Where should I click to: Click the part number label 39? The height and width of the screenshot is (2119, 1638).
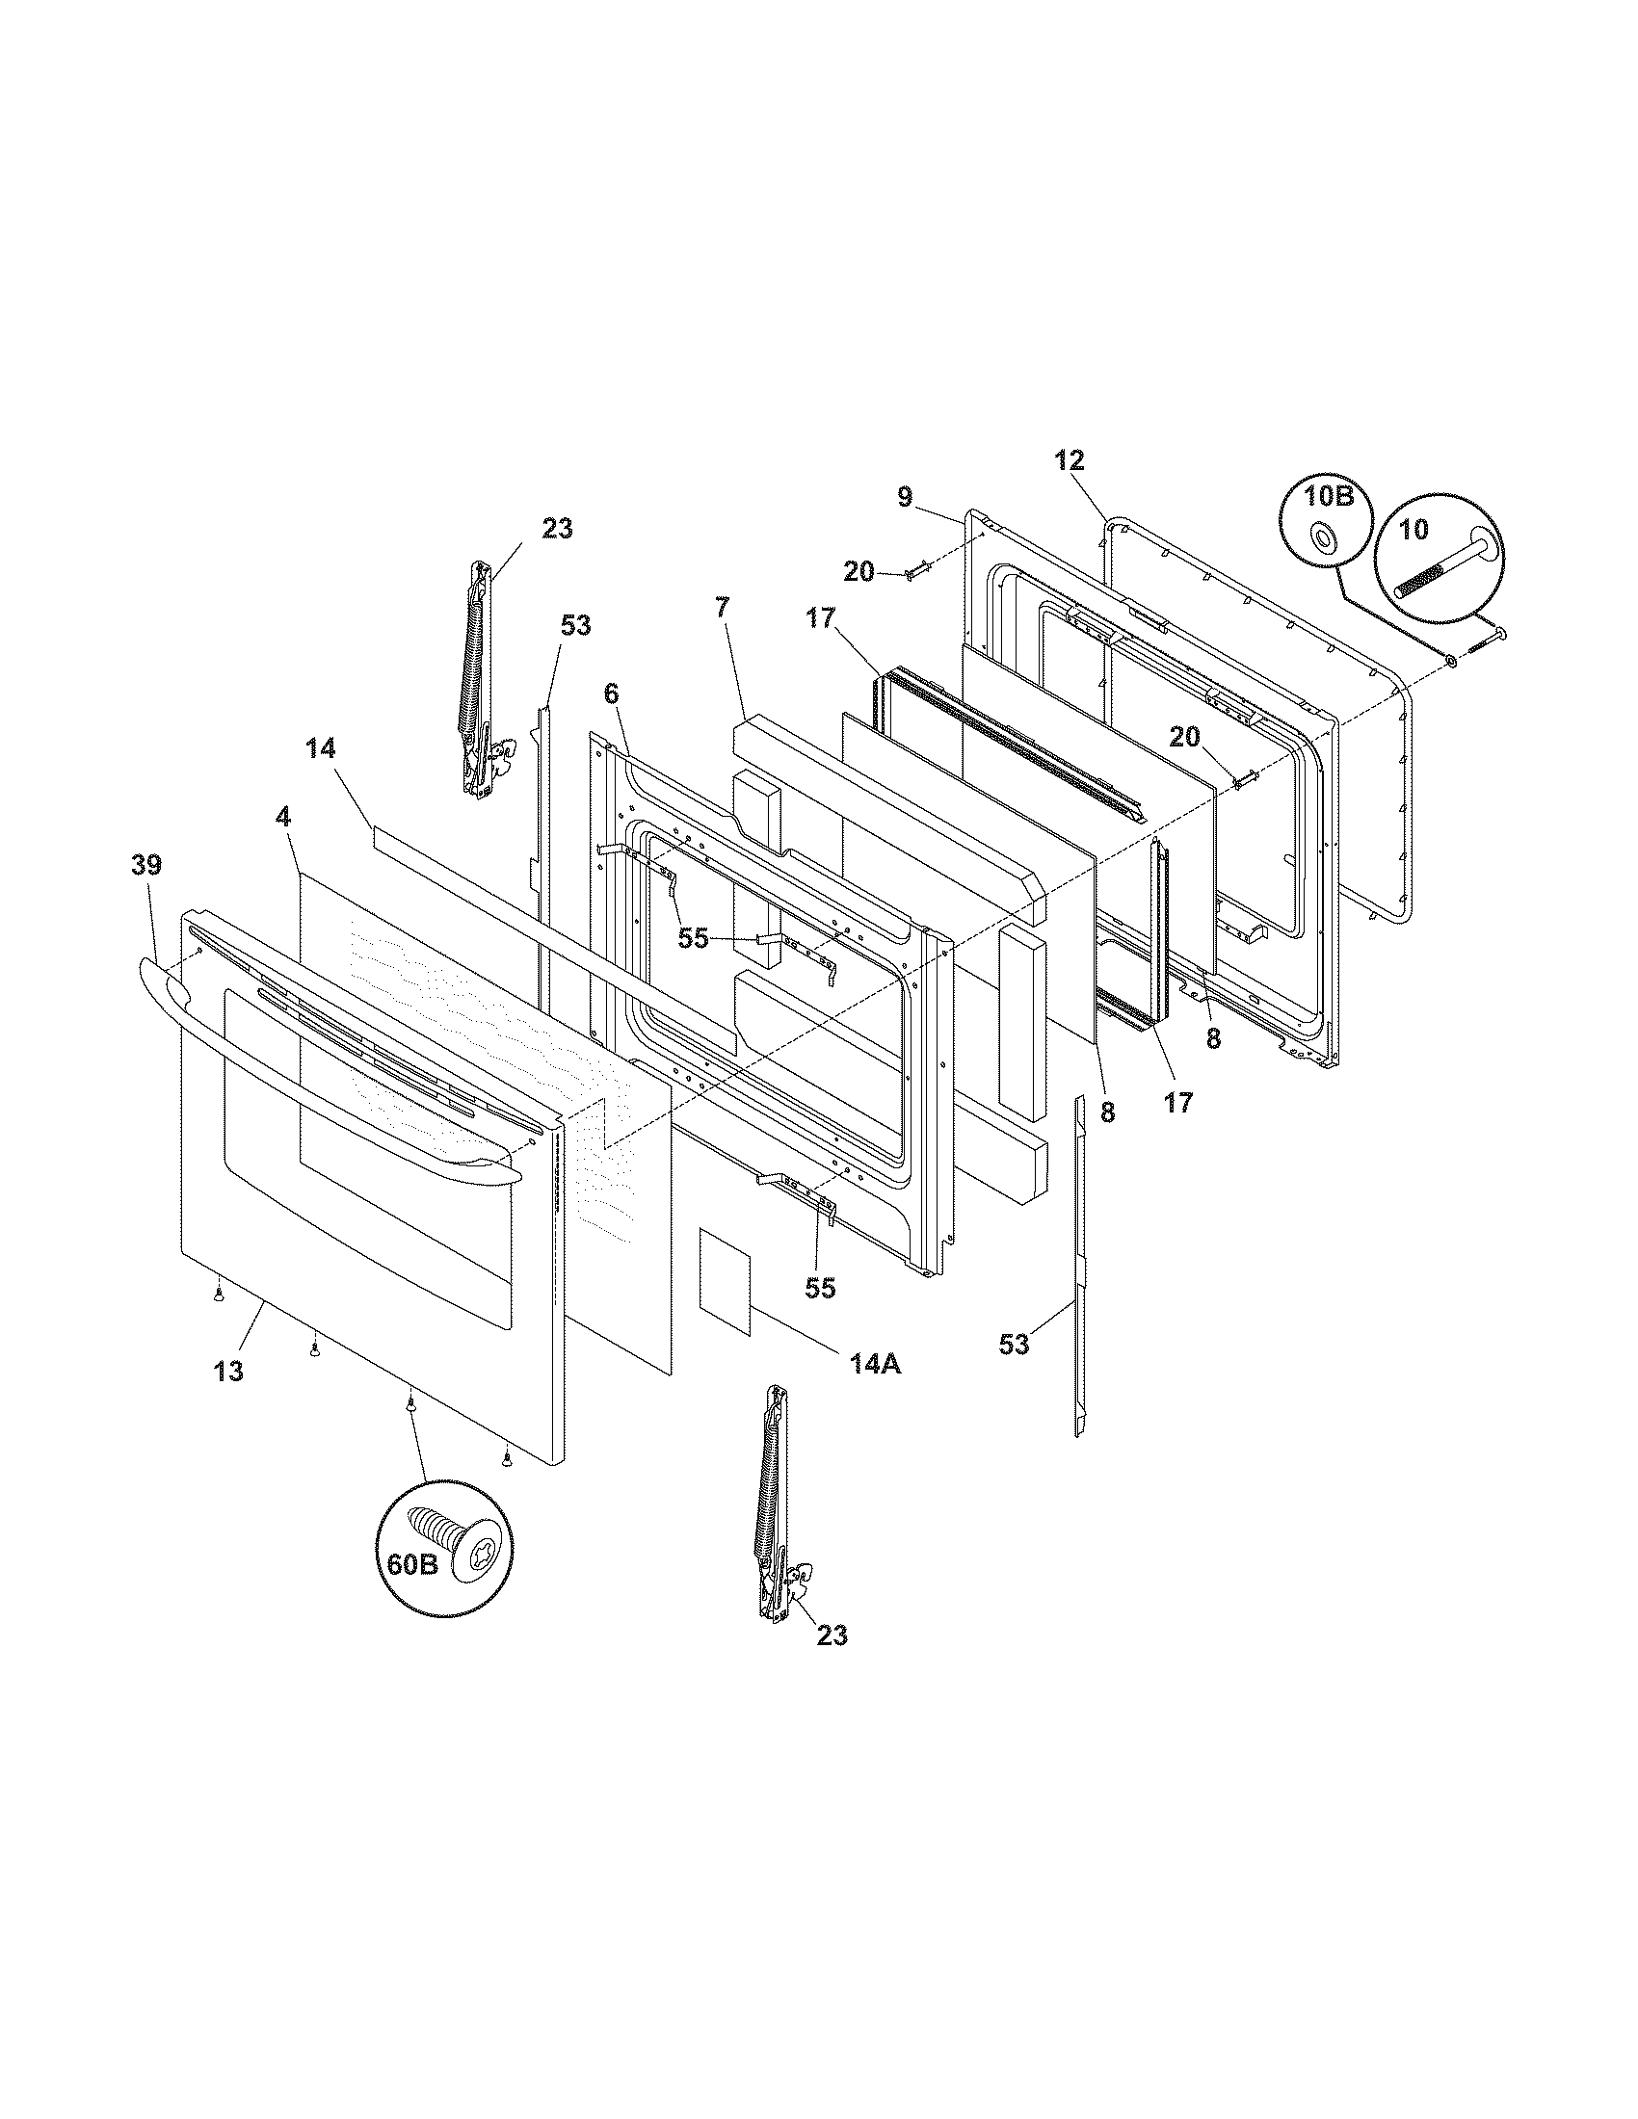[x=147, y=865]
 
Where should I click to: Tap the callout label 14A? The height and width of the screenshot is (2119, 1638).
[x=876, y=1363]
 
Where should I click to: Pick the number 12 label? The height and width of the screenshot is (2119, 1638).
[x=1070, y=460]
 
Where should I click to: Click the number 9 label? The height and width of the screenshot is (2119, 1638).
[x=905, y=498]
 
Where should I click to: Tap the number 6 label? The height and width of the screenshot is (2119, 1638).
[x=610, y=693]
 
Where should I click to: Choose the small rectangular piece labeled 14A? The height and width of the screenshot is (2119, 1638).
[x=726, y=1279]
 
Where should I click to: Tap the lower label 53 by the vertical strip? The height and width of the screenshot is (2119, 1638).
[x=1014, y=1344]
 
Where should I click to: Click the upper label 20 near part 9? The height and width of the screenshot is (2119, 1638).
[x=859, y=572]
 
